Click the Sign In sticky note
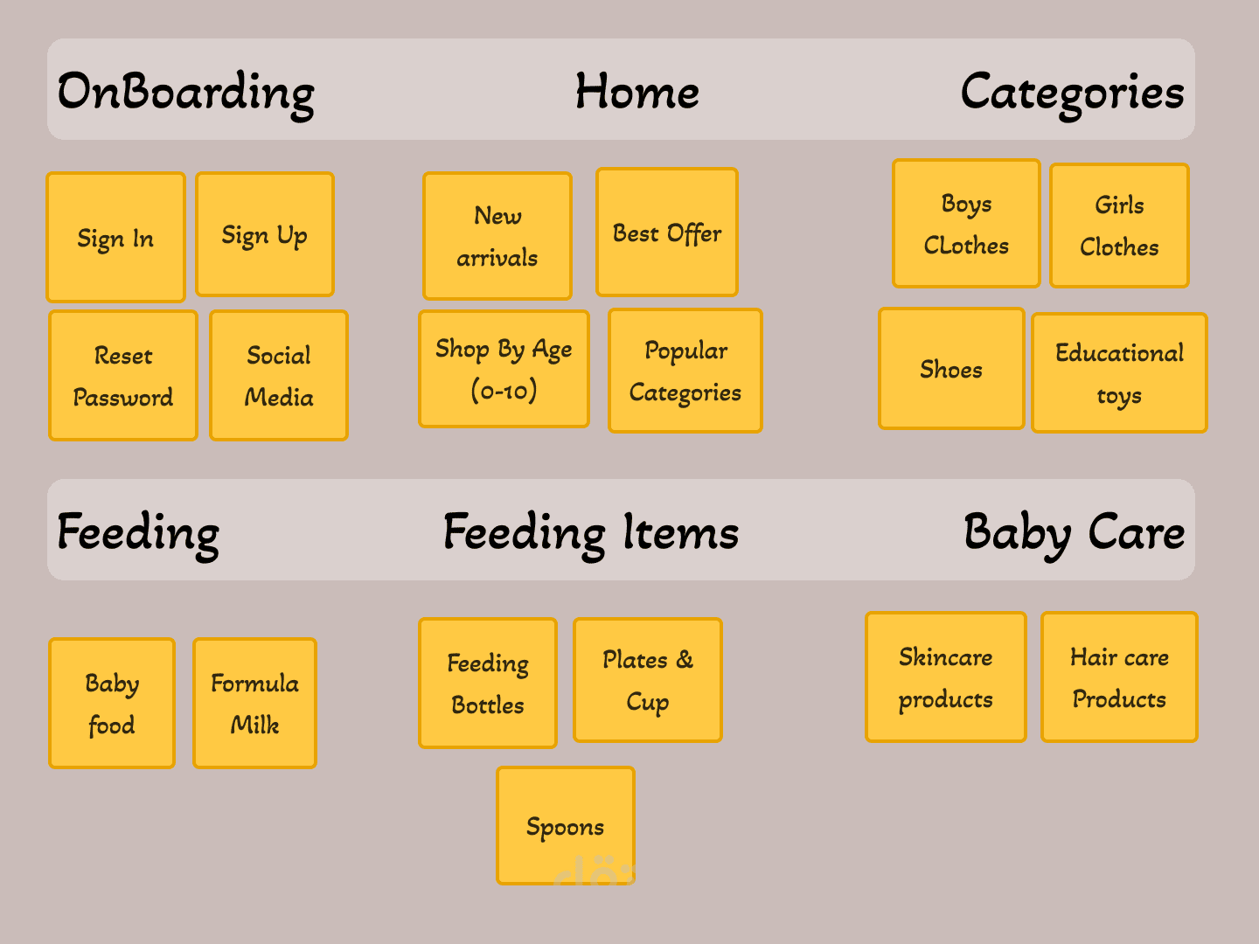[115, 237]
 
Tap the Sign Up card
[265, 234]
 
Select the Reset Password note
[123, 376]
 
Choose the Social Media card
[279, 376]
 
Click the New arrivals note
[497, 236]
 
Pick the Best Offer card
[667, 233]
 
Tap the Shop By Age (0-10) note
[504, 369]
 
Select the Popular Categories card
[685, 371]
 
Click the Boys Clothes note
[966, 224]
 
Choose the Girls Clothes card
[1119, 226]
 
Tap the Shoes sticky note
[951, 369]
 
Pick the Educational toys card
[1119, 373]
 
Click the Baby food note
[112, 704]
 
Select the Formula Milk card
[254, 704]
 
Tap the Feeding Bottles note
[488, 684]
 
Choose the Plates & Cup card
[648, 680]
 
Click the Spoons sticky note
[566, 826]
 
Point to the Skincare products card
[946, 677]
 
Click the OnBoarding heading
[186, 93]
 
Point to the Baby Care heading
[1074, 532]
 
